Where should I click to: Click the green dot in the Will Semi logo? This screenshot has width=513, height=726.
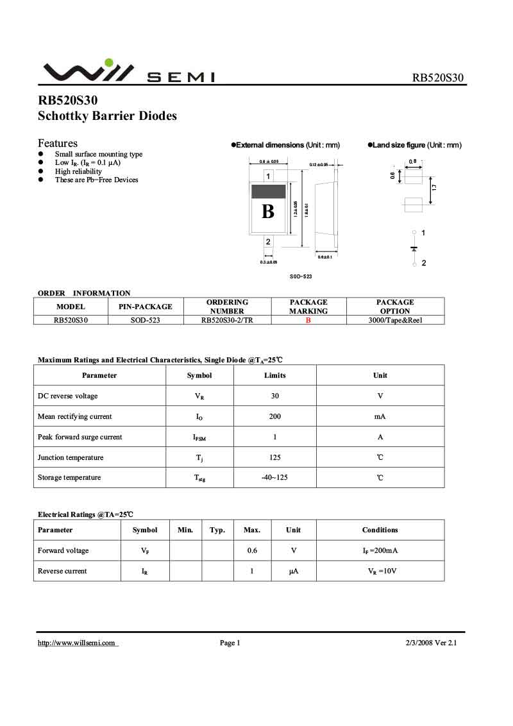click(x=109, y=63)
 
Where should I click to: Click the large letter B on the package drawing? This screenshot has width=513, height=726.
click(x=268, y=211)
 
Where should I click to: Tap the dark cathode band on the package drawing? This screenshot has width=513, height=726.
click(x=268, y=191)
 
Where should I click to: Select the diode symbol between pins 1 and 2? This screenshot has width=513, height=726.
click(x=414, y=248)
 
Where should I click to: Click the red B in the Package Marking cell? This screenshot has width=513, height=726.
click(x=308, y=320)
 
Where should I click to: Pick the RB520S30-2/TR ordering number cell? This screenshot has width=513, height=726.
click(x=227, y=320)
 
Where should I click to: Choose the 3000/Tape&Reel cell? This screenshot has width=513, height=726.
click(x=395, y=320)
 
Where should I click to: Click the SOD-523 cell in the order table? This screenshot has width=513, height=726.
click(x=146, y=320)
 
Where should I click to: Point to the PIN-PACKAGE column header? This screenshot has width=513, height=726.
click(x=146, y=307)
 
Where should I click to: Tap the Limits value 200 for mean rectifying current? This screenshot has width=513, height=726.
click(x=275, y=417)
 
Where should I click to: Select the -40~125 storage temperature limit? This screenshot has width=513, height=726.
click(x=275, y=478)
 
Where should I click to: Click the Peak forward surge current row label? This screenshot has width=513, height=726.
click(x=80, y=437)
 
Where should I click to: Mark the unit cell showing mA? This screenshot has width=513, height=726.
click(x=380, y=417)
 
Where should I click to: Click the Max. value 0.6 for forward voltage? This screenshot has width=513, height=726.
click(x=252, y=551)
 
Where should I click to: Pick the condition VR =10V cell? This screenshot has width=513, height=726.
click(x=380, y=571)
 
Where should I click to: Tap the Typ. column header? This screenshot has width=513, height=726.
click(x=217, y=530)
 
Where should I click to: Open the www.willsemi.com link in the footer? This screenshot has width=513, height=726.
click(x=77, y=643)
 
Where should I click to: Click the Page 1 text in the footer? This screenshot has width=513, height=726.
click(x=230, y=643)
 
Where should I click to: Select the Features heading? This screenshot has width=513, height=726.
click(x=58, y=143)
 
